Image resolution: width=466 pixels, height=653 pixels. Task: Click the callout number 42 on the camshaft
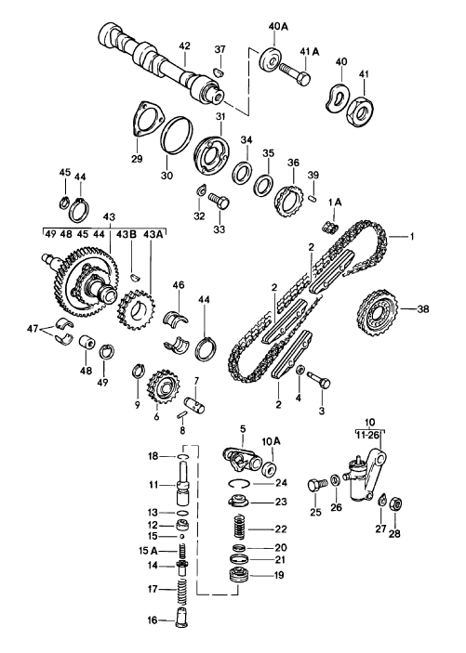coord(184,45)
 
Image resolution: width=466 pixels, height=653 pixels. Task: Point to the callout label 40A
coord(278,26)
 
